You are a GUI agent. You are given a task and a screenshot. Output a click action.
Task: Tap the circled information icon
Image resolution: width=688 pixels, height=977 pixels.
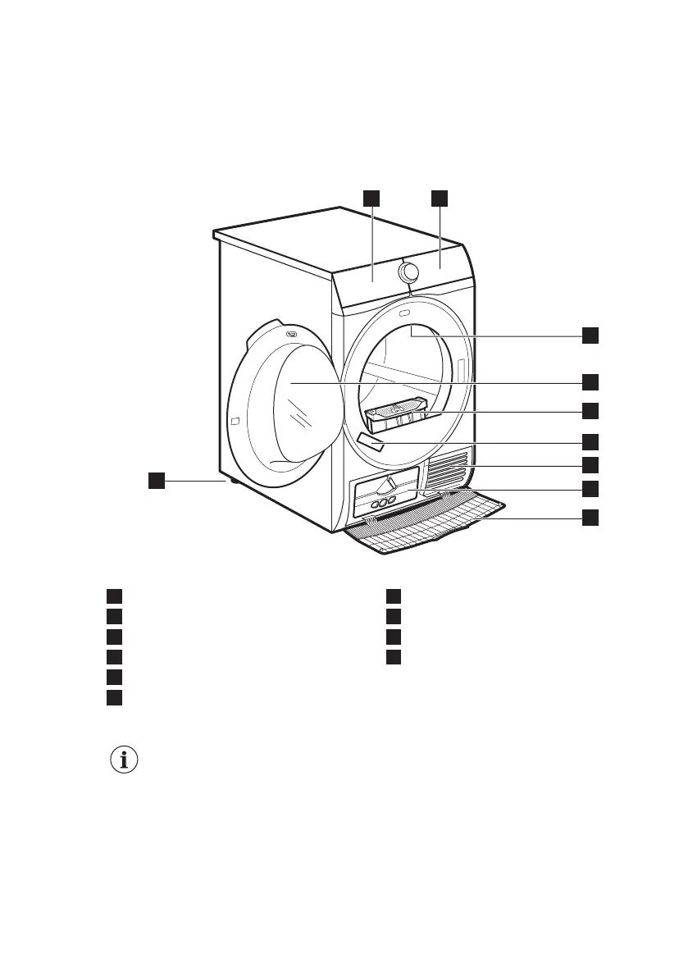click(124, 760)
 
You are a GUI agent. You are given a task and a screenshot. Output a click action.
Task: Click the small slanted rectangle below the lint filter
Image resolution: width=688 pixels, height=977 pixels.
click(370, 443)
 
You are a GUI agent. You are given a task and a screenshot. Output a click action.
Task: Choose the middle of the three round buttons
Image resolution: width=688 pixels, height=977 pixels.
click(381, 501)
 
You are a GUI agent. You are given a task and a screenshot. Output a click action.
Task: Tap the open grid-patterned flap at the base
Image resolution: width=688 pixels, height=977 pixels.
click(426, 526)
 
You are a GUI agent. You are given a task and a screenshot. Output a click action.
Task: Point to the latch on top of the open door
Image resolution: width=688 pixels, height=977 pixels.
click(291, 333)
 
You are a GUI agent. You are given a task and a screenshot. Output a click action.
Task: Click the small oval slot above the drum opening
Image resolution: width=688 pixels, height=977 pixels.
click(405, 313)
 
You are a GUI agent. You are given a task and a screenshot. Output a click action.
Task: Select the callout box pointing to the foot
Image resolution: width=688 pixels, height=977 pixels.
click(156, 481)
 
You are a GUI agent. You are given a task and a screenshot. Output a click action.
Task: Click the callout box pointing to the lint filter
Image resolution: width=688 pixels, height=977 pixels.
click(590, 410)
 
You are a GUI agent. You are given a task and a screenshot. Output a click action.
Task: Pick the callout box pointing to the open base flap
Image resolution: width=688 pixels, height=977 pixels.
click(590, 518)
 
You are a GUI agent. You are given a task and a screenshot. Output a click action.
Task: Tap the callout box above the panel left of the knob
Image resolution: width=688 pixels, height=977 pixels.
click(372, 197)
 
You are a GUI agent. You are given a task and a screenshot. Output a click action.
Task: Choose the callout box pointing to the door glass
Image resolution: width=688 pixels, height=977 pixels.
click(590, 381)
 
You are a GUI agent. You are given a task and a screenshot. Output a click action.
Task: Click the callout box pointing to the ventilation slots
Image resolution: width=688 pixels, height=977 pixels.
click(590, 465)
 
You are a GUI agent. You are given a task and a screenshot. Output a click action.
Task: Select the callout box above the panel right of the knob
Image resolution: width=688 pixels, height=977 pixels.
click(440, 197)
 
